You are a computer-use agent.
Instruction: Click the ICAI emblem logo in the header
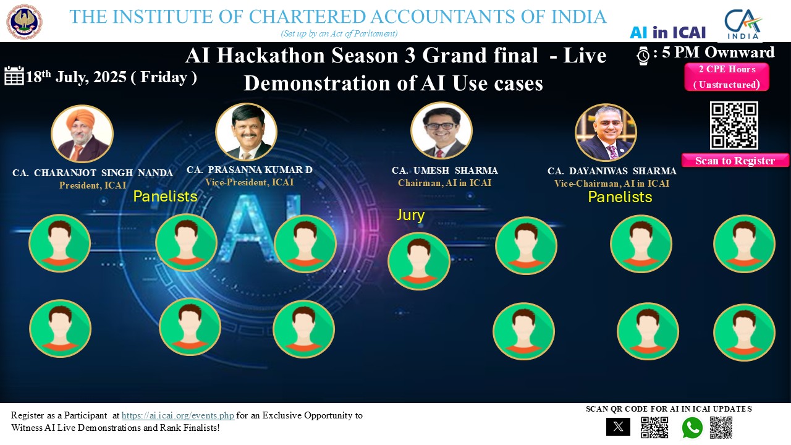24,22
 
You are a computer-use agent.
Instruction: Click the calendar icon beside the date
14,75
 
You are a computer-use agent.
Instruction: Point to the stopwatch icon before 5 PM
643,56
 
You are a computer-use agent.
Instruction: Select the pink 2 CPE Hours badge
727,77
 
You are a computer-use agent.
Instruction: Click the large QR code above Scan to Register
734,125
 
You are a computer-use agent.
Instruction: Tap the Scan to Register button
735,160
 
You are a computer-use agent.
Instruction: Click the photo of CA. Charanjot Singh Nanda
82,133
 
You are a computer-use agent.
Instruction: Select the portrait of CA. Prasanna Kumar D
246,132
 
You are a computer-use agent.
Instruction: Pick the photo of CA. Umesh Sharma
441,130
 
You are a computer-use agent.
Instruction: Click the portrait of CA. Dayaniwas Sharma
606,132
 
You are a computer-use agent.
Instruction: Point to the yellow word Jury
410,215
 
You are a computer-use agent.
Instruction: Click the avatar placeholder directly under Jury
419,261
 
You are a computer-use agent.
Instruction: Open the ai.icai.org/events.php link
177,415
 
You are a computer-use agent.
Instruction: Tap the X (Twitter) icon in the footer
618,426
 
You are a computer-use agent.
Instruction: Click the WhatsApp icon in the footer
692,427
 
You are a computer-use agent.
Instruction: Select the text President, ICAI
93,185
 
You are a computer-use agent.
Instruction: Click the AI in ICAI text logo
668,33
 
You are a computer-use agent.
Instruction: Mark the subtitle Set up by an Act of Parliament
339,33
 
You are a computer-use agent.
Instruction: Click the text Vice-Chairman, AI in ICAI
612,184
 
